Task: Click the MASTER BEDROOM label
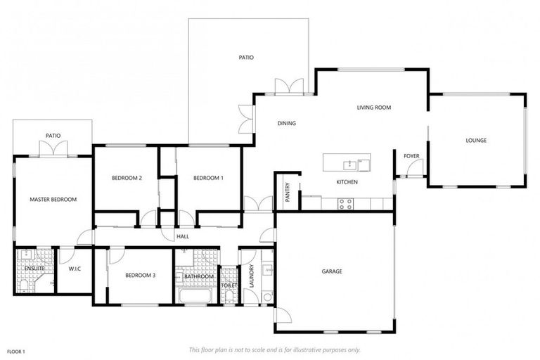(x=53, y=200)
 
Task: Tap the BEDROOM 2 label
(x=127, y=178)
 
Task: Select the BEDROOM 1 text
(x=208, y=178)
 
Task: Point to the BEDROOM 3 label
(x=140, y=276)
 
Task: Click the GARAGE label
(x=332, y=271)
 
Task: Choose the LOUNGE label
(x=476, y=141)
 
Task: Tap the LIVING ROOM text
(x=373, y=108)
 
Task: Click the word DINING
(x=286, y=123)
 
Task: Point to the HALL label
(x=183, y=236)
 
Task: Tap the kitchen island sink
(x=348, y=165)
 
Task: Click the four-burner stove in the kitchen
(x=345, y=203)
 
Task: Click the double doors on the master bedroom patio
(x=53, y=149)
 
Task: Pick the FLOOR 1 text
(x=16, y=351)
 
